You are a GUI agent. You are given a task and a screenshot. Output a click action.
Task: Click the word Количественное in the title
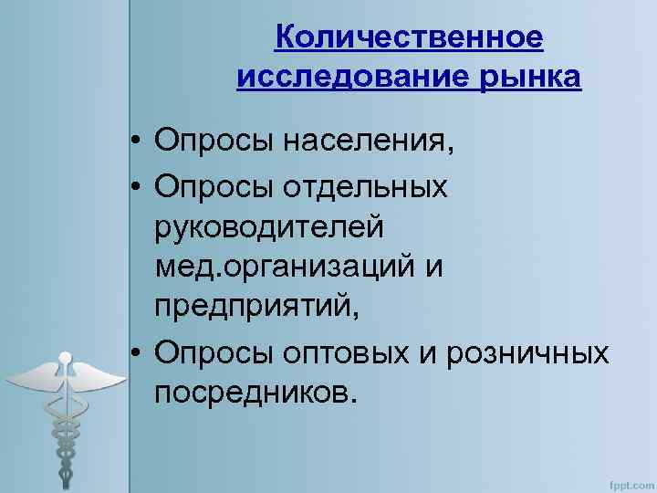[x=409, y=38]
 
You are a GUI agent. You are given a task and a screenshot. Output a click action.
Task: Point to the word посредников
[x=252, y=393]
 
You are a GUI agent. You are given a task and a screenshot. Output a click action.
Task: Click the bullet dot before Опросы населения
[x=133, y=142]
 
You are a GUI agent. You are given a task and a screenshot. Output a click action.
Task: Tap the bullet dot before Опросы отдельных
[x=133, y=186]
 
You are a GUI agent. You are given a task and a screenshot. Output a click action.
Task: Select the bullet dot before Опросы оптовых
[x=133, y=352]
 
